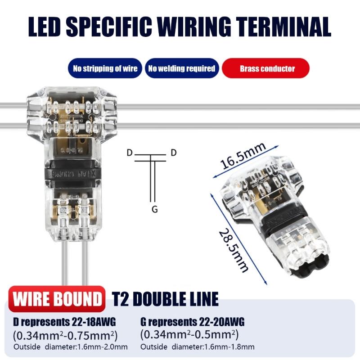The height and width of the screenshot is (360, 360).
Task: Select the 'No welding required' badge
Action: [182, 69]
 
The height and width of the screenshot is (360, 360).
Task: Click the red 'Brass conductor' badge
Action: [267, 69]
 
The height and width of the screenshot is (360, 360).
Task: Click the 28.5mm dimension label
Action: [234, 251]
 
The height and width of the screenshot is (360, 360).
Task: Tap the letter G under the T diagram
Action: [154, 209]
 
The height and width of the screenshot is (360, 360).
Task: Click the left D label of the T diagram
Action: [129, 153]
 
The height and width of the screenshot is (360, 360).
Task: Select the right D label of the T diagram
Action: [174, 153]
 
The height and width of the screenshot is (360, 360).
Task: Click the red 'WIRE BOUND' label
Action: [57, 299]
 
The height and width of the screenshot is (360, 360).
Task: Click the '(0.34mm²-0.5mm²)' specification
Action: [189, 335]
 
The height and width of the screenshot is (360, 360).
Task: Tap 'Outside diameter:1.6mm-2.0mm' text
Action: [71, 347]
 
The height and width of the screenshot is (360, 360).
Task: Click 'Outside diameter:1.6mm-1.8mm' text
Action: [198, 347]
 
